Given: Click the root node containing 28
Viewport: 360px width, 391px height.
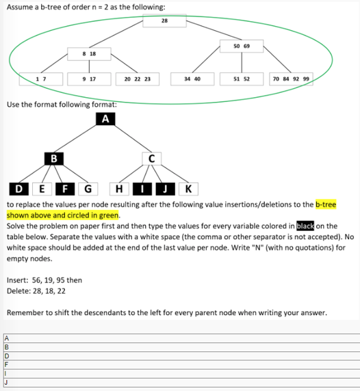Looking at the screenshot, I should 164,21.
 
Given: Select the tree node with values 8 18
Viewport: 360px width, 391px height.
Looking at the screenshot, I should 88,53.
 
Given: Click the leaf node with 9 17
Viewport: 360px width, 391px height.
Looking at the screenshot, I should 88,79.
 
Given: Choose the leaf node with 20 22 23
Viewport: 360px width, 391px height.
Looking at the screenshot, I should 138,79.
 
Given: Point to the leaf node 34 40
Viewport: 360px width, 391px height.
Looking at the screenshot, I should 192,79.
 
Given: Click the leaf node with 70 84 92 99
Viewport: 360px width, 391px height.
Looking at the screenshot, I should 291,79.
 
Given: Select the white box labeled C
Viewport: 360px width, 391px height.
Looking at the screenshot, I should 152,159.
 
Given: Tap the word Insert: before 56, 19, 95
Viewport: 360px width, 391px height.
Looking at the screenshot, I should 18,280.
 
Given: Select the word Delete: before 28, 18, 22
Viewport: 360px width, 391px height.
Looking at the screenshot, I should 18,291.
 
